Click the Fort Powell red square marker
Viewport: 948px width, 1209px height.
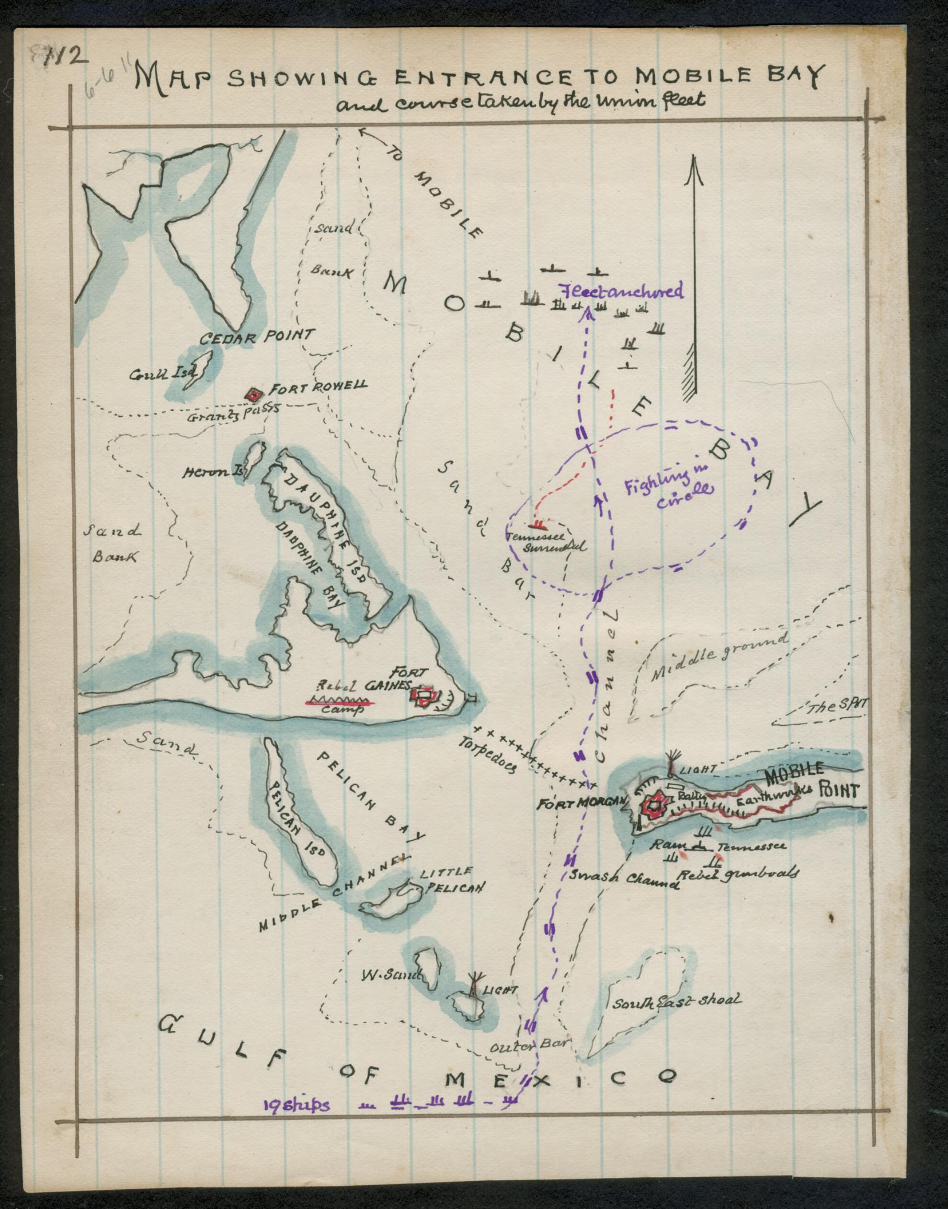point(254,395)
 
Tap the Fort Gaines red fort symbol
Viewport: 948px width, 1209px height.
point(425,696)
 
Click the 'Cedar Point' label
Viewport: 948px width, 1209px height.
point(257,336)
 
